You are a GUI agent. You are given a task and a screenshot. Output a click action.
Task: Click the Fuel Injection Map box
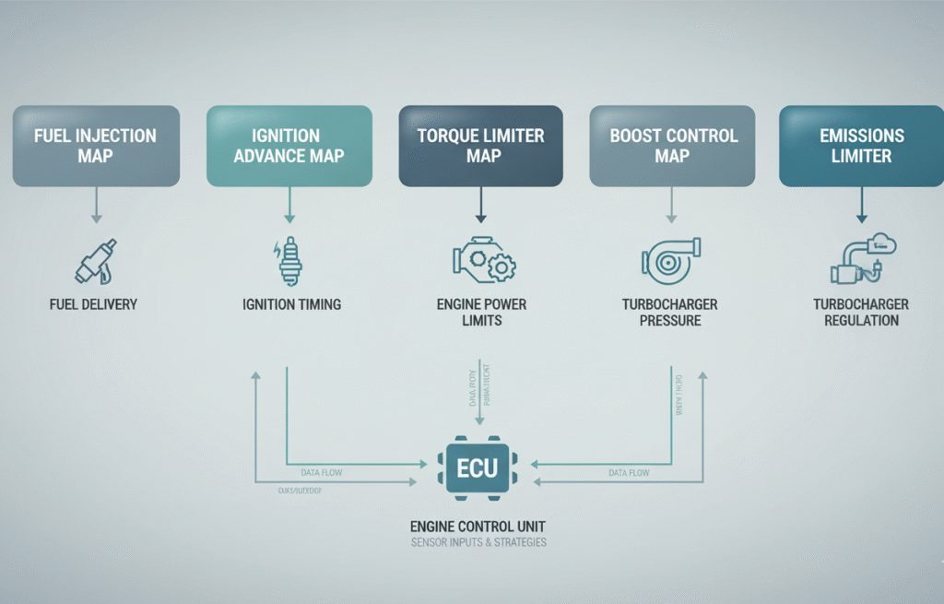click(95, 147)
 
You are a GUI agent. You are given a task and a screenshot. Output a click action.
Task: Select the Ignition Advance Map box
click(289, 147)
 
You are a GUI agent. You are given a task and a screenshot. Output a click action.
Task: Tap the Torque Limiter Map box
click(480, 147)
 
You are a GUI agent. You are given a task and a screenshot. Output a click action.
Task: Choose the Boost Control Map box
click(672, 147)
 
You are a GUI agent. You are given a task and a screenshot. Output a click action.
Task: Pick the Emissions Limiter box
click(861, 147)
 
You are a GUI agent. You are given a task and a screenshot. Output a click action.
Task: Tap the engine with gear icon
click(482, 260)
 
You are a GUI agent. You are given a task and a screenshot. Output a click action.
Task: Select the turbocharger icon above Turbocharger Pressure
click(670, 260)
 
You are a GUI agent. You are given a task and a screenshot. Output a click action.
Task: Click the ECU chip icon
click(478, 468)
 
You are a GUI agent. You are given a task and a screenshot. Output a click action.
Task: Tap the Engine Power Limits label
click(480, 312)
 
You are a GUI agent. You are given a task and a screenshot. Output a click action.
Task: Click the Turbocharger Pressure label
click(670, 312)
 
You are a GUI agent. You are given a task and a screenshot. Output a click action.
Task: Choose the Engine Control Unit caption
click(478, 527)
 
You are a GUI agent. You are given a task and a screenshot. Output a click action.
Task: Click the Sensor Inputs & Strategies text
click(478, 542)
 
